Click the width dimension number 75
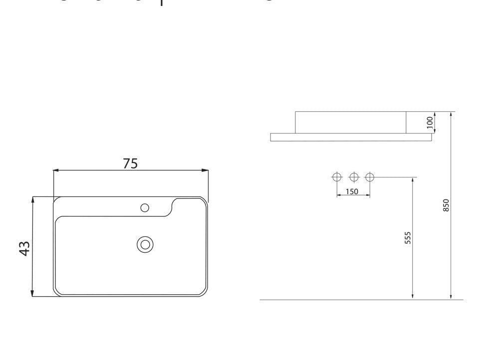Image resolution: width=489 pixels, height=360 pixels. (130, 163)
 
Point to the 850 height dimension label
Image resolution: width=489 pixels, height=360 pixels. (446, 205)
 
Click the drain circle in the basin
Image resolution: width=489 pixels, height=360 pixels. (145, 244)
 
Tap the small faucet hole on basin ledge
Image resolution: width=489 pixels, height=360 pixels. (145, 207)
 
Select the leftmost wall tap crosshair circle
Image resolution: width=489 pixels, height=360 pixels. (337, 177)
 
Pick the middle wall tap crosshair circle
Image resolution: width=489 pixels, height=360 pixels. (353, 177)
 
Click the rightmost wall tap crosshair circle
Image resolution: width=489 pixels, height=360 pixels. (370, 177)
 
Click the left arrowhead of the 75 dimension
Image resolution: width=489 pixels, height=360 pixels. (55, 171)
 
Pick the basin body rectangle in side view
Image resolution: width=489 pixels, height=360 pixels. (351, 122)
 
